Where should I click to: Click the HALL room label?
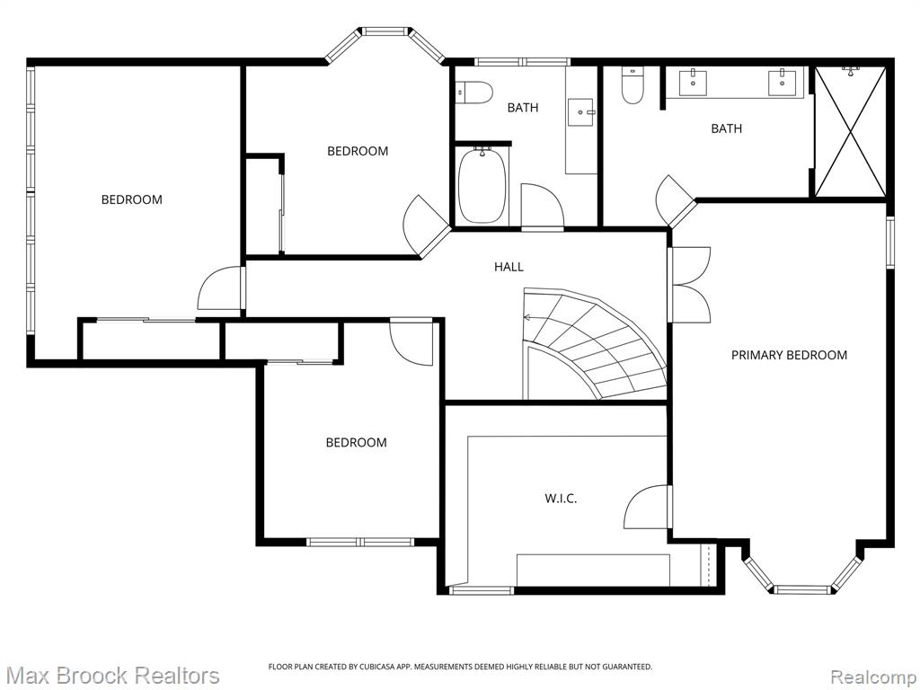click(509, 267)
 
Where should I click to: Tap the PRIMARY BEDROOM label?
click(789, 355)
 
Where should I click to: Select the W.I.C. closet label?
click(561, 499)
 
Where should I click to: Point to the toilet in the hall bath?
click(475, 93)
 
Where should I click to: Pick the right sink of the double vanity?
click(783, 81)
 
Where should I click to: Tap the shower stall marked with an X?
click(850, 131)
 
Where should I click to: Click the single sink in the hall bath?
click(581, 111)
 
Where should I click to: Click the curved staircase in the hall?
click(595, 344)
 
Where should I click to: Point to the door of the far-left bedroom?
click(220, 288)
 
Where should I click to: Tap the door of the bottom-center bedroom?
click(411, 343)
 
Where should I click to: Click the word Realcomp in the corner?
click(873, 677)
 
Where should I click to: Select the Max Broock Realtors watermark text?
click(111, 676)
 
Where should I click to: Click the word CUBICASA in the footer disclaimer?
click(367, 667)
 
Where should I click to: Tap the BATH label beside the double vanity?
click(726, 128)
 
